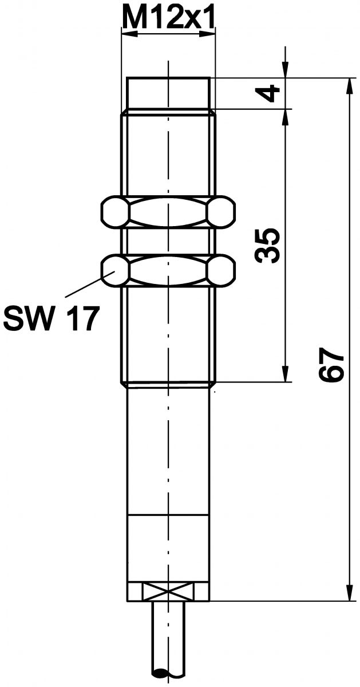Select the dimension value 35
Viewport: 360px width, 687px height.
[268, 245]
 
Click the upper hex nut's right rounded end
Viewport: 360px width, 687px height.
[221, 212]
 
